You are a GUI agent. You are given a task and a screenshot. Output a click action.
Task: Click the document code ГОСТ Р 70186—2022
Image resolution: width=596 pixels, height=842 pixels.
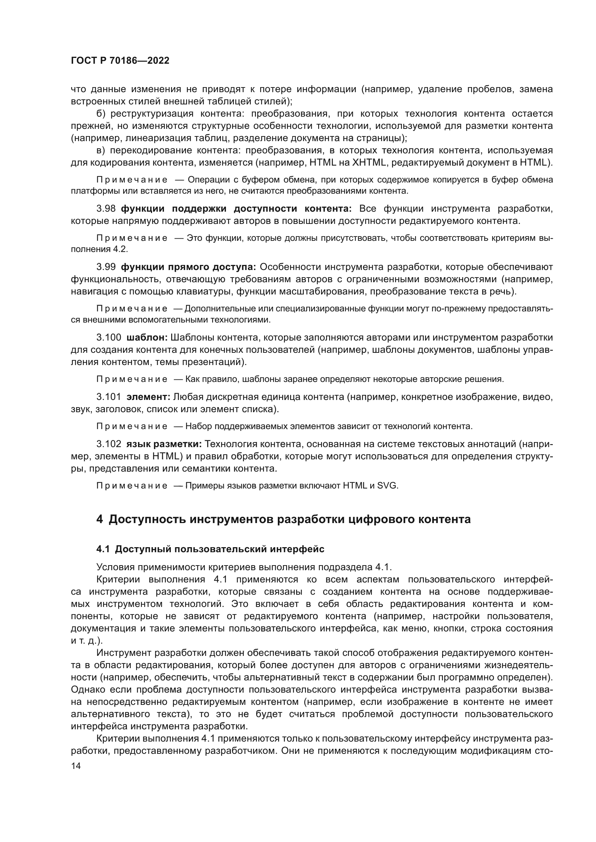click(x=120, y=61)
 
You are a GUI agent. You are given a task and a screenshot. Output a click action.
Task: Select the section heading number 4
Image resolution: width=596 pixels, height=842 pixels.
click(x=99, y=520)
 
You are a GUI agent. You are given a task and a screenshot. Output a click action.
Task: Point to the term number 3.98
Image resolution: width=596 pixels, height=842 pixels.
click(x=106, y=209)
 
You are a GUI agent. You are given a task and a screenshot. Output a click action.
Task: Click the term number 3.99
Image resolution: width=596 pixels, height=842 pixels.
click(x=106, y=267)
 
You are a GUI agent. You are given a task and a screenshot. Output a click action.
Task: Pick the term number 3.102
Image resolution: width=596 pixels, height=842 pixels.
click(x=108, y=444)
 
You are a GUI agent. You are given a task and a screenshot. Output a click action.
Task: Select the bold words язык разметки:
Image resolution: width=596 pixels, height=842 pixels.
click(x=164, y=444)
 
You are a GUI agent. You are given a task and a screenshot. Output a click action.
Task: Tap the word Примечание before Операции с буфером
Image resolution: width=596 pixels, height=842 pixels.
click(x=132, y=180)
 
